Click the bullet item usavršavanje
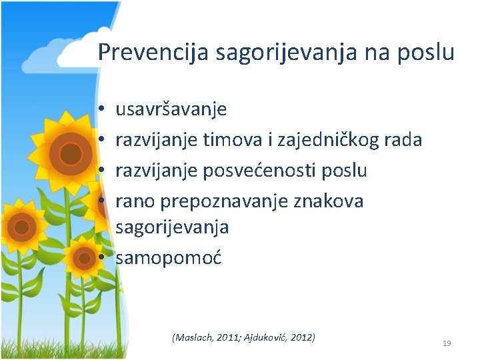pos(171,109)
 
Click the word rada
pos(402,139)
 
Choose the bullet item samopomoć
pos(169,257)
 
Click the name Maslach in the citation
pos(195,337)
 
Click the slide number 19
pos(447,343)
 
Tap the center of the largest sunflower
pos(69,153)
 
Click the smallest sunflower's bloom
pos(85,259)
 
